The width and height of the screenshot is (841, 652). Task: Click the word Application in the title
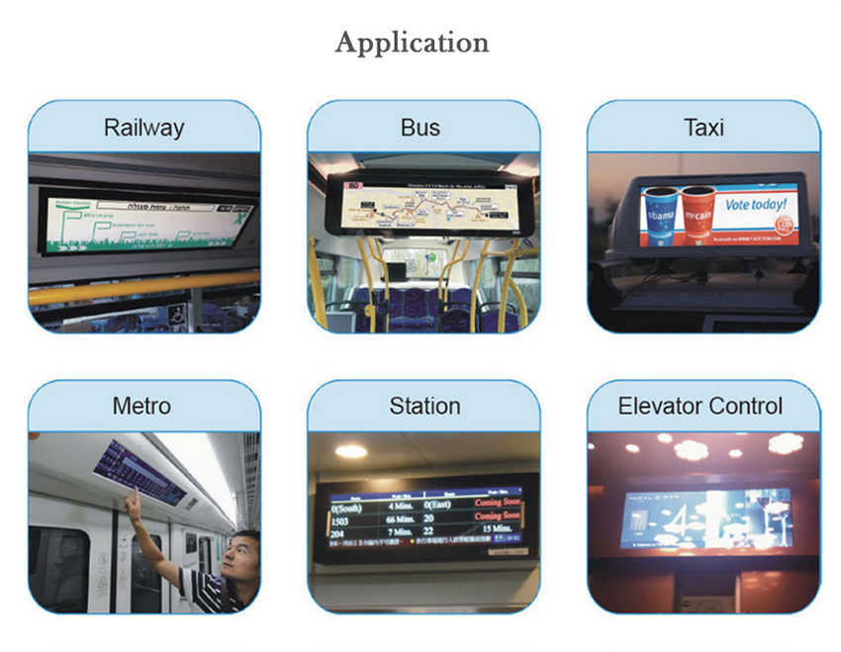(412, 43)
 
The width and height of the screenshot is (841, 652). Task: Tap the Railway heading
(144, 128)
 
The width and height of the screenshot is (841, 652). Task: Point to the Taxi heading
(703, 128)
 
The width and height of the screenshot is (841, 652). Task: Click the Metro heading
(141, 406)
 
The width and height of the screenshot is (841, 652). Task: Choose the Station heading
(424, 406)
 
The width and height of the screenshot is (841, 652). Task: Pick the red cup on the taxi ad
(699, 215)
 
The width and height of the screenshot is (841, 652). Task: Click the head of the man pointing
(242, 555)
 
